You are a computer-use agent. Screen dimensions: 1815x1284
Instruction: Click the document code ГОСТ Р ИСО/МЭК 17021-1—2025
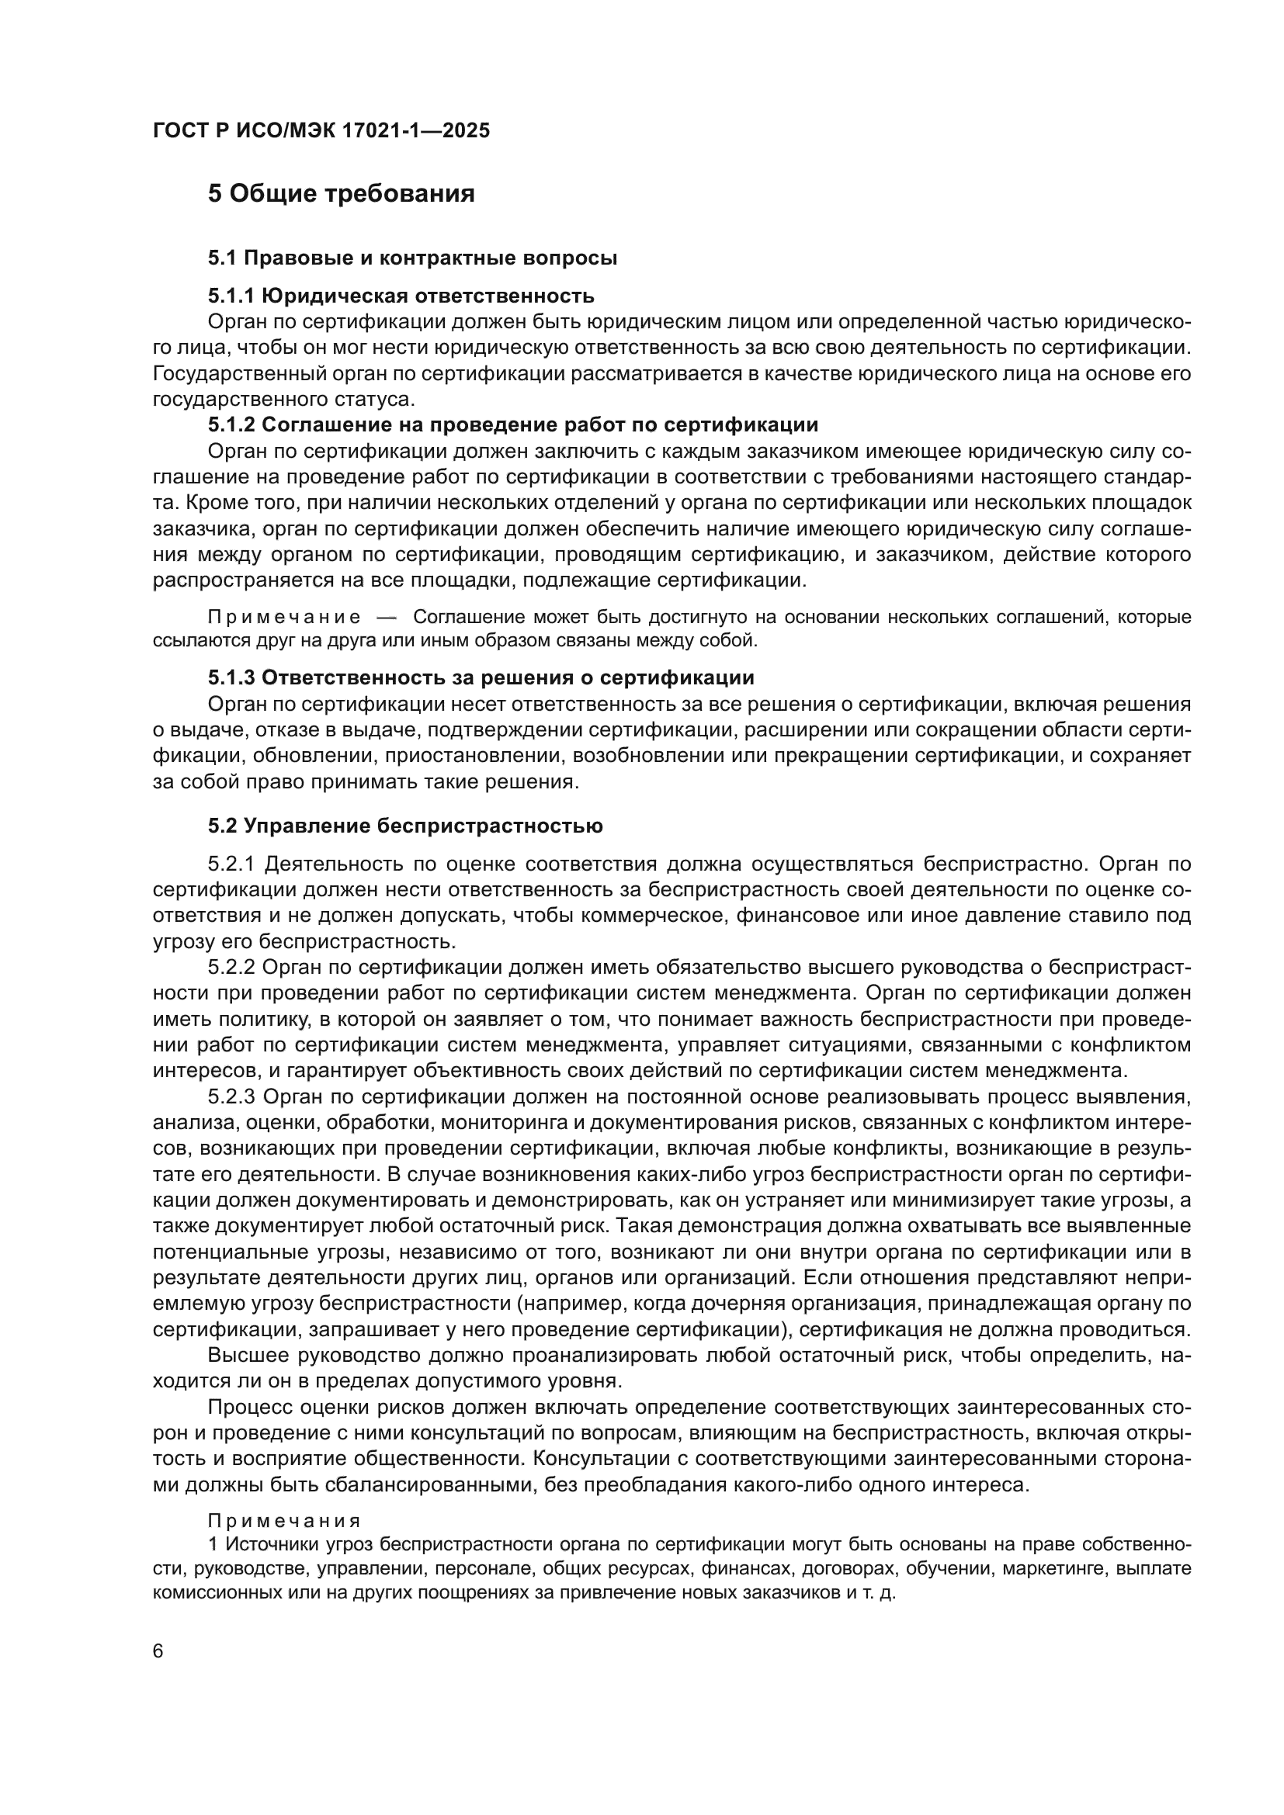click(321, 131)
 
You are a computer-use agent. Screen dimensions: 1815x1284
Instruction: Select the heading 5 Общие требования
click(341, 194)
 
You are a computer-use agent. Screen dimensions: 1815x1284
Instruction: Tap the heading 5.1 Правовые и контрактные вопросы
click(412, 258)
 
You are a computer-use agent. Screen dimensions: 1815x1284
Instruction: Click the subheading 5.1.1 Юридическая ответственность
click(401, 296)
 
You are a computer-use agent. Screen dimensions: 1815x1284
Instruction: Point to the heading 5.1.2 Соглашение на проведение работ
click(512, 425)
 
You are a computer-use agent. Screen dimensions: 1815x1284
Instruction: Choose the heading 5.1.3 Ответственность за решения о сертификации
click(481, 678)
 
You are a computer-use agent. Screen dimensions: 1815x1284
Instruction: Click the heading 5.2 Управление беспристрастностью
click(404, 826)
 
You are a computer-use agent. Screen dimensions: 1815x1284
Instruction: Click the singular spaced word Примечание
click(284, 618)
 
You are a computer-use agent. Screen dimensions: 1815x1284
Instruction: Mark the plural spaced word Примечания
click(284, 1522)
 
